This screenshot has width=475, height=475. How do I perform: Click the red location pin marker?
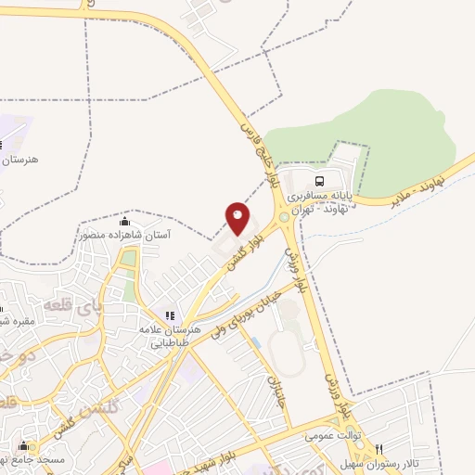click(237, 218)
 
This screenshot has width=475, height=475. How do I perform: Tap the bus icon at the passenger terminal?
click(320, 181)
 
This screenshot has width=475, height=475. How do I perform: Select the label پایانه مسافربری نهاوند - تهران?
click(320, 203)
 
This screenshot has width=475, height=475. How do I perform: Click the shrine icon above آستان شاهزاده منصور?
click(125, 222)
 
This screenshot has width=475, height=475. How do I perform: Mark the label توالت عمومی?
click(334, 434)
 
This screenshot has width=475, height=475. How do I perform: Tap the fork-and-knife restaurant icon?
click(379, 448)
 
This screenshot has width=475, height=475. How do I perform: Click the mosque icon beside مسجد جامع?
click(22, 446)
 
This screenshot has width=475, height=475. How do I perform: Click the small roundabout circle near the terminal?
click(283, 215)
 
